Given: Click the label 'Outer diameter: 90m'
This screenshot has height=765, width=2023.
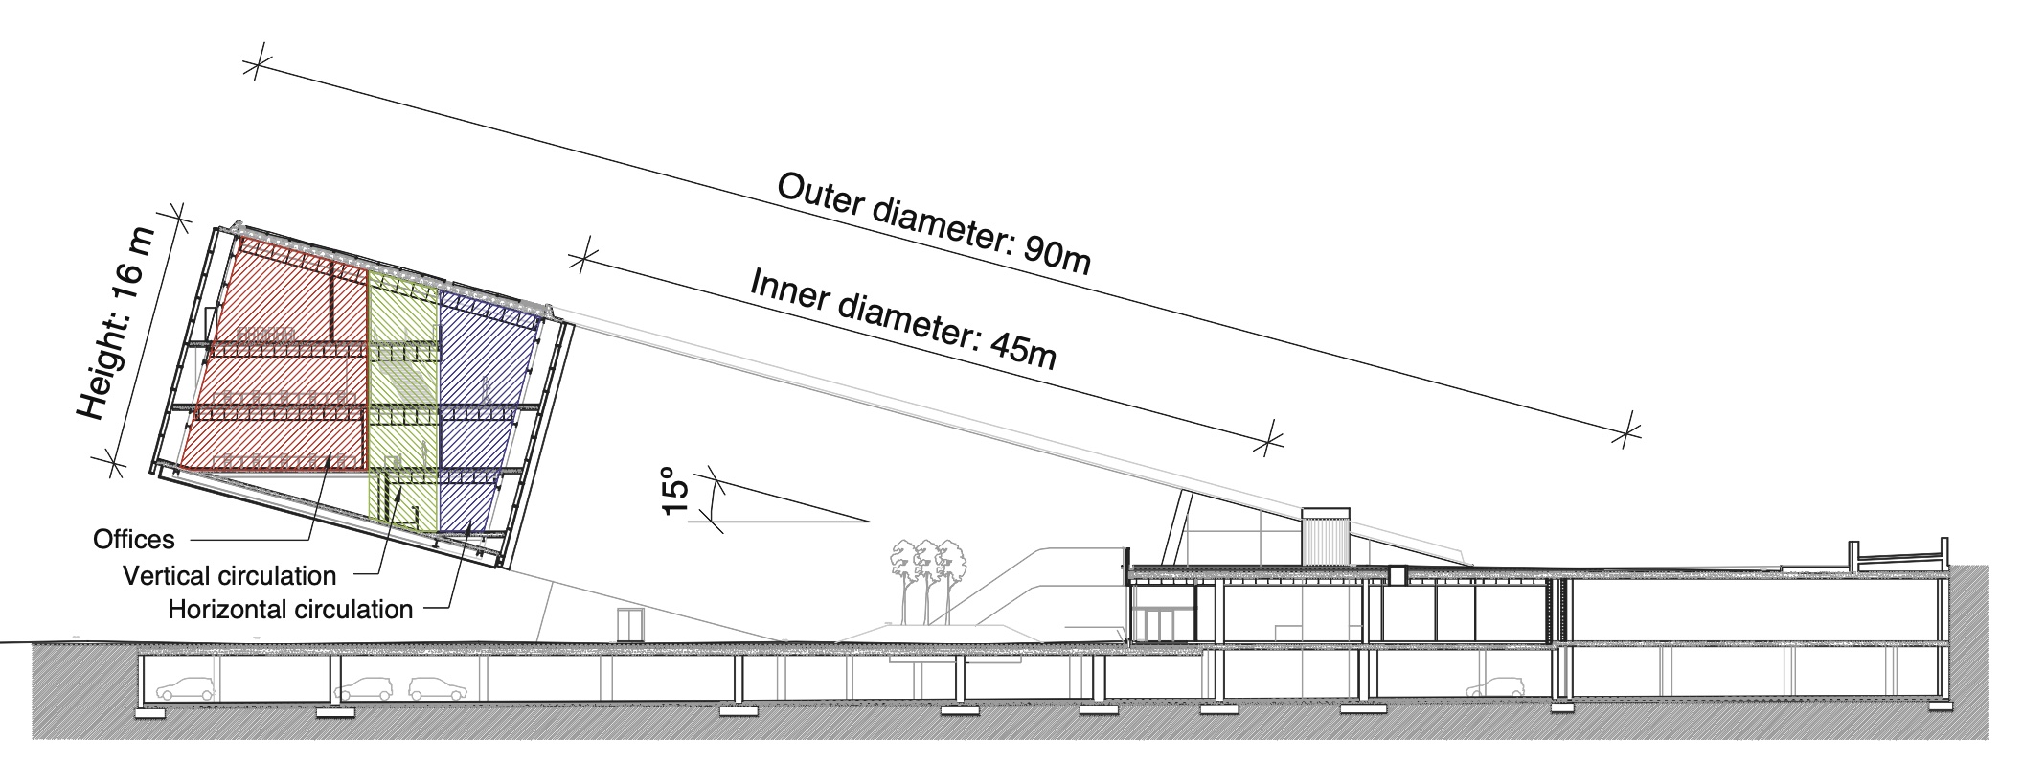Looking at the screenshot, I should tap(933, 223).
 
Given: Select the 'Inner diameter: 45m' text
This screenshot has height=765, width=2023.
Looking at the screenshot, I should tap(903, 319).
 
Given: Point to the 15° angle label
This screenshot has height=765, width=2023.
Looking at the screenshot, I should tap(676, 491).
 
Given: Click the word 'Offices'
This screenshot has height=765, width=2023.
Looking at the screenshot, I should tap(134, 540).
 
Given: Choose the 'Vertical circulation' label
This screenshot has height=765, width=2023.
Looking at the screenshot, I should tap(230, 576).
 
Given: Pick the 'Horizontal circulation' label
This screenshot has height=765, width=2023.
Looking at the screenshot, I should tap(290, 609).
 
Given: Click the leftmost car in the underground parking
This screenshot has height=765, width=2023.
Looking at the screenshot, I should tap(187, 688).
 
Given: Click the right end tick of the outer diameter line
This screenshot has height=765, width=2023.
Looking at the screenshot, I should tap(1625, 435).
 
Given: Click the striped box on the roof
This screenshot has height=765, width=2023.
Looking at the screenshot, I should tap(1326, 537).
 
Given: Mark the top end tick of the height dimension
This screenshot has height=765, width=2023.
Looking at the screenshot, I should tap(176, 218).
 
